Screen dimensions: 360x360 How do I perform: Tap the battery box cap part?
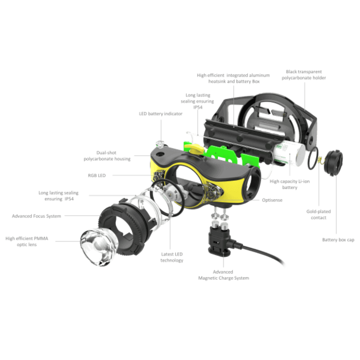333,162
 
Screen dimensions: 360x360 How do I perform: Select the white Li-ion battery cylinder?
290,153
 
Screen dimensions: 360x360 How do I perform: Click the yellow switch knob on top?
194,149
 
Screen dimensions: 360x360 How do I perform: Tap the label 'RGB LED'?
97,176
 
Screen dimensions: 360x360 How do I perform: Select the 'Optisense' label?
272,200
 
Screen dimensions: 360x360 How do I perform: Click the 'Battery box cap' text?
338,240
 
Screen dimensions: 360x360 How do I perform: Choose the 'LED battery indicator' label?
161,113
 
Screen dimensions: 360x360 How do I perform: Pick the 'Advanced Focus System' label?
36,216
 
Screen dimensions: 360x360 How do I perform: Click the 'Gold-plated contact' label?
319,214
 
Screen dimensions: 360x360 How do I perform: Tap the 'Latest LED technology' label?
172,257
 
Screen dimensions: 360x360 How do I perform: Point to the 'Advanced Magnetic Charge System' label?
223,275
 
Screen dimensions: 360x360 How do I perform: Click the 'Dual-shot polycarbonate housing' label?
107,156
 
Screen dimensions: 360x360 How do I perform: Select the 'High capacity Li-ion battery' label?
290,184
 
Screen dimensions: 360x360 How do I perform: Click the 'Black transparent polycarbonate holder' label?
304,75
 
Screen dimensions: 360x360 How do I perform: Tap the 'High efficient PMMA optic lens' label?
27,241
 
